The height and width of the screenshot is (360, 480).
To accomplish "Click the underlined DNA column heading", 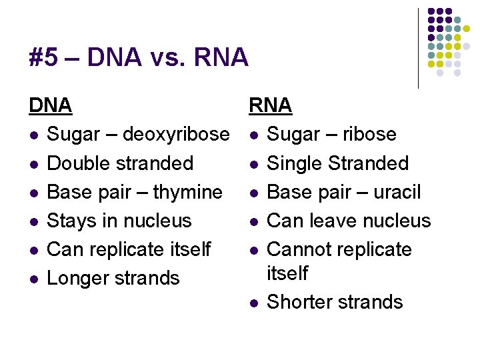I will [x=50, y=105].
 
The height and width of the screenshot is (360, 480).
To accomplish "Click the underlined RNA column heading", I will [x=270, y=105].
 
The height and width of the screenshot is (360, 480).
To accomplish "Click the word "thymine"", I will [x=188, y=192].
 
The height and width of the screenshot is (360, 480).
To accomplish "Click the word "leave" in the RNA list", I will [x=335, y=221].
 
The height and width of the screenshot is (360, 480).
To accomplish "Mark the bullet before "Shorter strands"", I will [x=253, y=303].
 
